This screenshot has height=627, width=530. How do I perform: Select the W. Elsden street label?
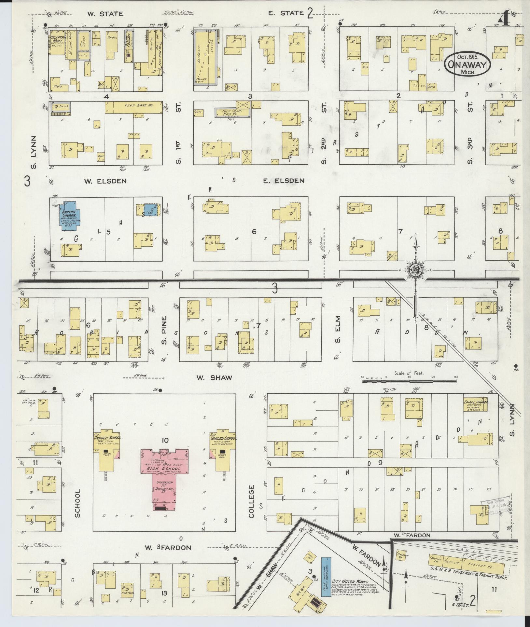[101, 181]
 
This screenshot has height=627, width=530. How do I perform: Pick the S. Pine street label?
[165, 330]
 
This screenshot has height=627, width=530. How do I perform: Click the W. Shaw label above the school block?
[214, 377]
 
